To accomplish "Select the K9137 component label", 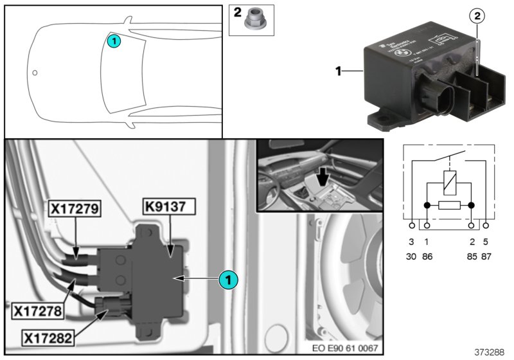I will tap(169, 208).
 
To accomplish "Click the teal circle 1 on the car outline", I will tap(112, 40).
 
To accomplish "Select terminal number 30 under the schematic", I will tap(412, 255).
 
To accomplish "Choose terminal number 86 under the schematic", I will tap(427, 255).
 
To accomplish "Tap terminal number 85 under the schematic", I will tap(472, 255).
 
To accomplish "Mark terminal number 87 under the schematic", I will tap(486, 255).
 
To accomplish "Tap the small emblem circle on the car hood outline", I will tap(35, 73).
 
